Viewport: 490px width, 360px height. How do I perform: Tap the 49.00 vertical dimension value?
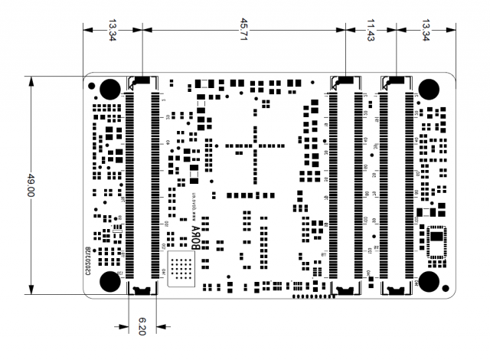click(31, 186)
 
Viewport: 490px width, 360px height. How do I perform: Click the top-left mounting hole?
click(109, 88)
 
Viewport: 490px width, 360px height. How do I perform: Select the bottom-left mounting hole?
click(109, 282)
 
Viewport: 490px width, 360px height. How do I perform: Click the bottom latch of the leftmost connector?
click(142, 289)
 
